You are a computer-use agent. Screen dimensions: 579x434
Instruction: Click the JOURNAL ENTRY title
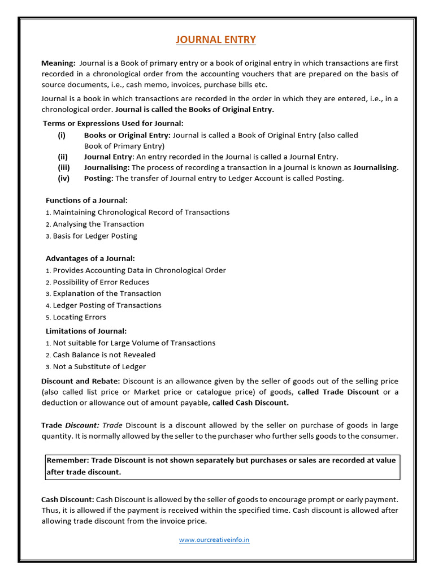pyautogui.click(x=216, y=40)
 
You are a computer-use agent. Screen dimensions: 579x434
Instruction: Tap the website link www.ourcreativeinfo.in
pyautogui.click(x=214, y=540)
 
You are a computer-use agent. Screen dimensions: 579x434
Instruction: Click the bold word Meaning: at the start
pyautogui.click(x=58, y=63)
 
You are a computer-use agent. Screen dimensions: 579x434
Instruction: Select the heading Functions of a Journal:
pyautogui.click(x=86, y=200)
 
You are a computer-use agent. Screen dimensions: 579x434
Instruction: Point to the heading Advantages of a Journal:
pyautogui.click(x=90, y=258)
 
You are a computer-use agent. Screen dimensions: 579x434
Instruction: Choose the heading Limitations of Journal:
pyautogui.click(x=86, y=331)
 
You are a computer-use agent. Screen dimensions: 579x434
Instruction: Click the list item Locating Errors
pyautogui.click(x=79, y=317)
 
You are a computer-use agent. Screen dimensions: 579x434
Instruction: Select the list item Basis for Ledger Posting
pyautogui.click(x=94, y=236)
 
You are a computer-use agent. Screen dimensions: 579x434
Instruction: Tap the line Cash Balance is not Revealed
pyautogui.click(x=104, y=355)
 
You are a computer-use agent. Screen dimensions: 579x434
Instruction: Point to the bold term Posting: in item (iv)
pyautogui.click(x=99, y=178)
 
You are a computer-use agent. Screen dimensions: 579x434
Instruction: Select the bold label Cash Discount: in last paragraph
pyautogui.click(x=68, y=499)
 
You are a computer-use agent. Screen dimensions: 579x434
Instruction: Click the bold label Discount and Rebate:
pyautogui.click(x=80, y=381)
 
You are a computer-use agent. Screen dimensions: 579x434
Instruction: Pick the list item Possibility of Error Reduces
pyautogui.click(x=101, y=282)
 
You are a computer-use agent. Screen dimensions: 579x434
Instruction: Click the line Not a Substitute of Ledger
pyautogui.click(x=99, y=366)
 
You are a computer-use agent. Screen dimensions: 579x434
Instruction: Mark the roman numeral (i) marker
pyautogui.click(x=62, y=135)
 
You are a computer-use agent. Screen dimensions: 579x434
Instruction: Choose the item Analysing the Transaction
pyautogui.click(x=98, y=224)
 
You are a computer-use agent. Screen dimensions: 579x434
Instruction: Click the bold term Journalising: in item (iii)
pyautogui.click(x=107, y=167)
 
